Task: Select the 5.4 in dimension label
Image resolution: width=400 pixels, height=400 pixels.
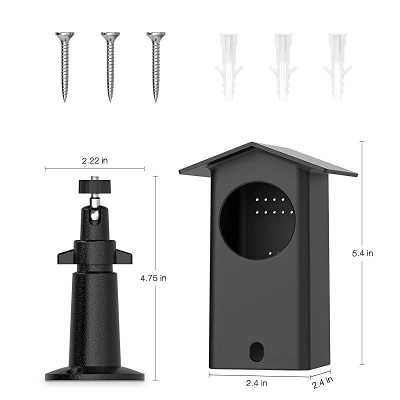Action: (x=362, y=253)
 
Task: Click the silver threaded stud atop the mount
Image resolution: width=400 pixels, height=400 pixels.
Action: (x=94, y=177)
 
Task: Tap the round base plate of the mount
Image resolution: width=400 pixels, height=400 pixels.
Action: (x=95, y=372)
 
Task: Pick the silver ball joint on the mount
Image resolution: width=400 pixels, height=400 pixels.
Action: (x=94, y=201)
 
